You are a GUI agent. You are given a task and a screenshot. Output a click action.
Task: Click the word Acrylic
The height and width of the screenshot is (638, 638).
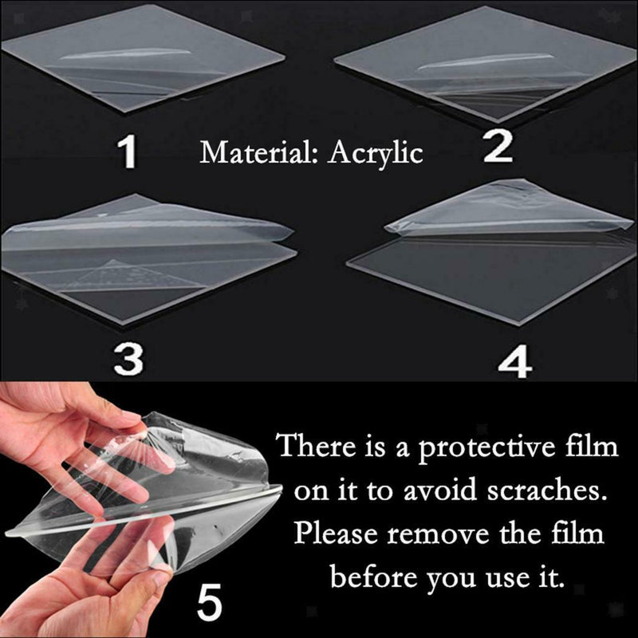tap(377, 153)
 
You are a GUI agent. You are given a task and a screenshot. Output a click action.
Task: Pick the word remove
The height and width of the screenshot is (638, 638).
tap(444, 532)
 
